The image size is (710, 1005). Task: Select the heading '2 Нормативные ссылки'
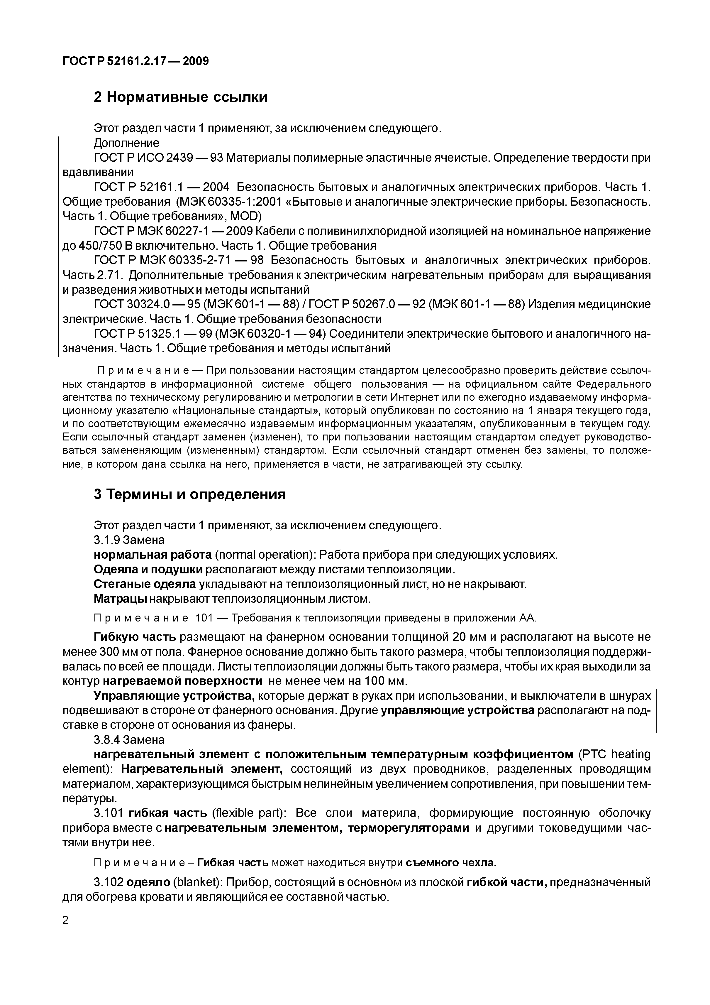tap(180, 97)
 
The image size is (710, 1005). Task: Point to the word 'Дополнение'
tap(126, 143)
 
